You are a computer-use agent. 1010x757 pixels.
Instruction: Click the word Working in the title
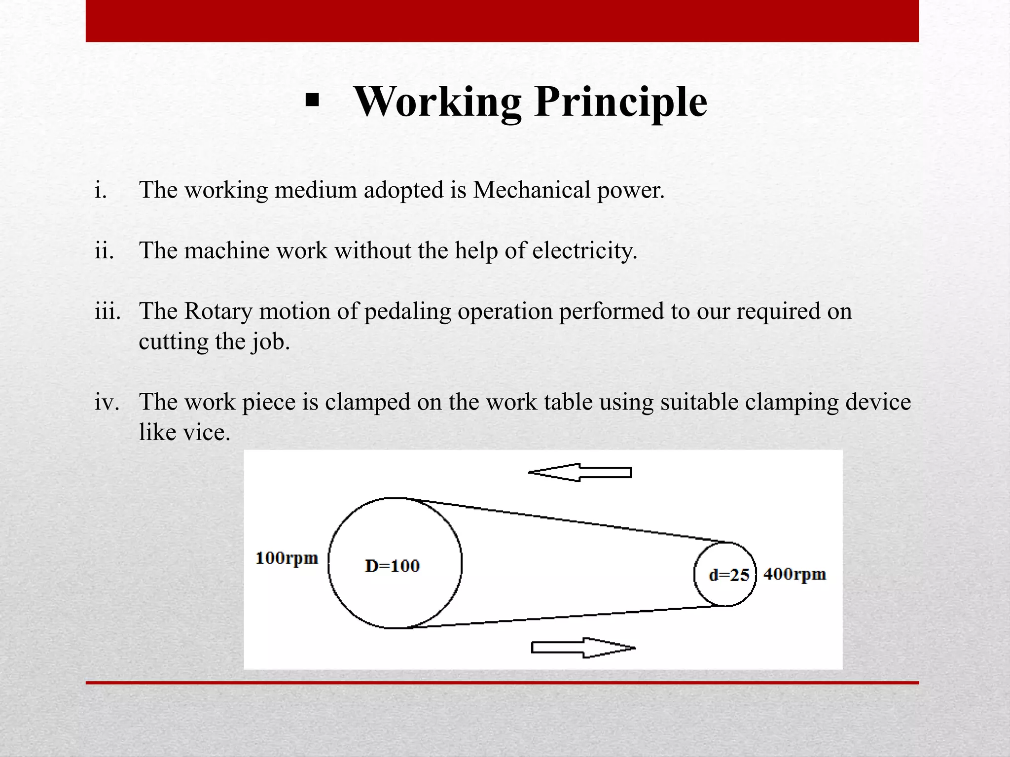tap(437, 102)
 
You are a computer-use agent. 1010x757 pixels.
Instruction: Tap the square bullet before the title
tap(312, 101)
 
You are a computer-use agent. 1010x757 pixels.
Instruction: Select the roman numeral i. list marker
tap(101, 190)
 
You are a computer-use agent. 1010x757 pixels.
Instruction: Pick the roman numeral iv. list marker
tap(107, 402)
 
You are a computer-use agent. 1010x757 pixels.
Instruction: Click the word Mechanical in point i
tap(531, 190)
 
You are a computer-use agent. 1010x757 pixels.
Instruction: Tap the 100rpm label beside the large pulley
tap(287, 558)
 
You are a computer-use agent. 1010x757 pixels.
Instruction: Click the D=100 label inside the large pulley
tap(392, 566)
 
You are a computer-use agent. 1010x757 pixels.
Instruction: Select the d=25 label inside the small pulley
tap(728, 575)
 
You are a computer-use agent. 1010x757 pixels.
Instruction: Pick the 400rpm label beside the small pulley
tap(794, 574)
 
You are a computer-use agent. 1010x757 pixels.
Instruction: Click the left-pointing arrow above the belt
tap(580, 473)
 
